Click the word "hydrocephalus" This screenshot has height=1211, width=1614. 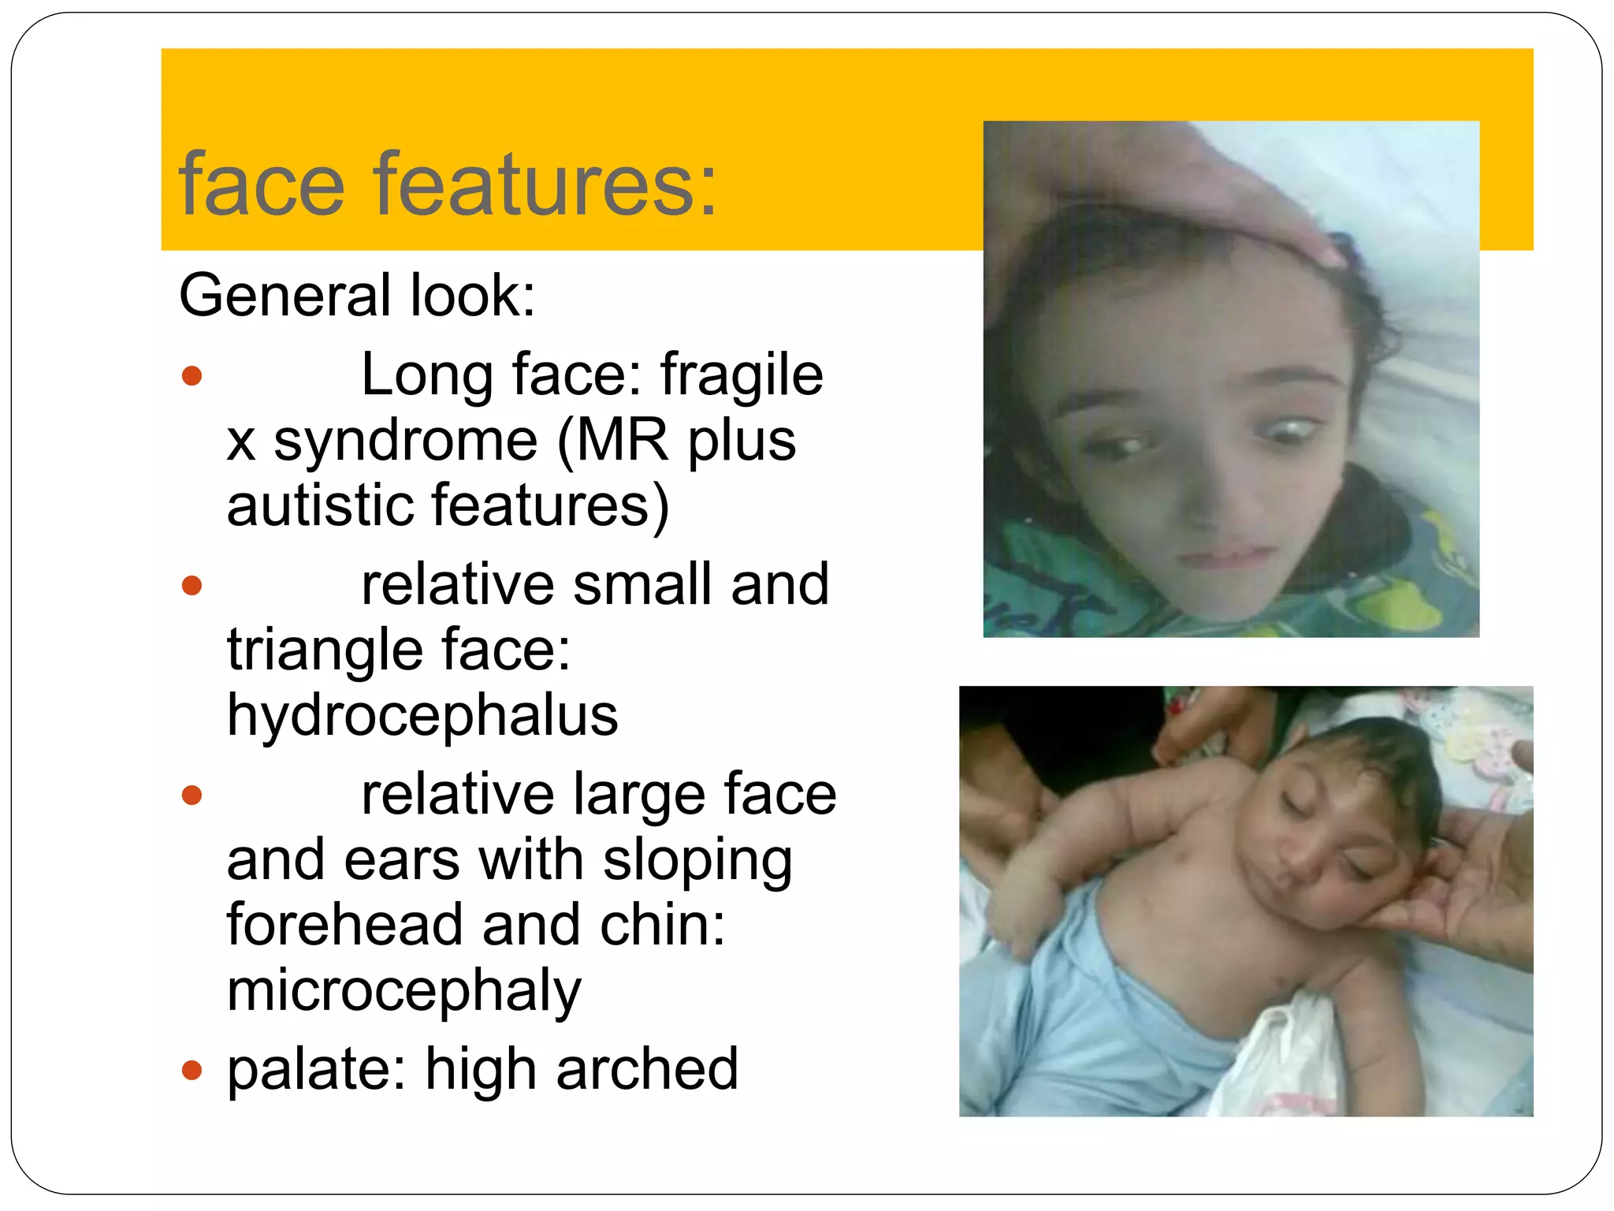[x=422, y=715]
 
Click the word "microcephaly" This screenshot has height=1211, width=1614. [x=404, y=990]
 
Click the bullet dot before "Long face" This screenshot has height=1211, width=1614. [x=192, y=375]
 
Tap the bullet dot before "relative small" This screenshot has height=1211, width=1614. [x=192, y=586]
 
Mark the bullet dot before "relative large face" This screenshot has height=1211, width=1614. [x=192, y=795]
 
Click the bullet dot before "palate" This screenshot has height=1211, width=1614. [x=192, y=1071]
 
